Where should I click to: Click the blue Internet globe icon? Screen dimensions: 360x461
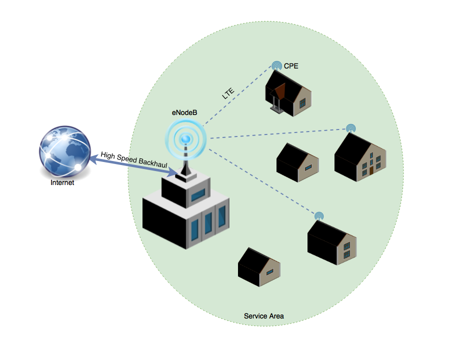point(64,150)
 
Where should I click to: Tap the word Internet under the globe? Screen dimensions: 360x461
point(62,183)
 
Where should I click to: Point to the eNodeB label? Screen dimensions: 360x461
point(184,113)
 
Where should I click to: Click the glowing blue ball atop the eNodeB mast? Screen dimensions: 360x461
point(186,138)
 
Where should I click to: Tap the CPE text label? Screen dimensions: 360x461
point(291,65)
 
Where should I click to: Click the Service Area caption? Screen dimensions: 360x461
point(264,316)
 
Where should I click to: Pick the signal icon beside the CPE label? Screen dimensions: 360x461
point(276,65)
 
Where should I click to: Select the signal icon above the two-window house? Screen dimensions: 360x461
point(319,216)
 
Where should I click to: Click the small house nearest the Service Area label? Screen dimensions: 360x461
point(259,267)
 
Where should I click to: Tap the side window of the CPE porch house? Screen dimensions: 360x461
point(302,102)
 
